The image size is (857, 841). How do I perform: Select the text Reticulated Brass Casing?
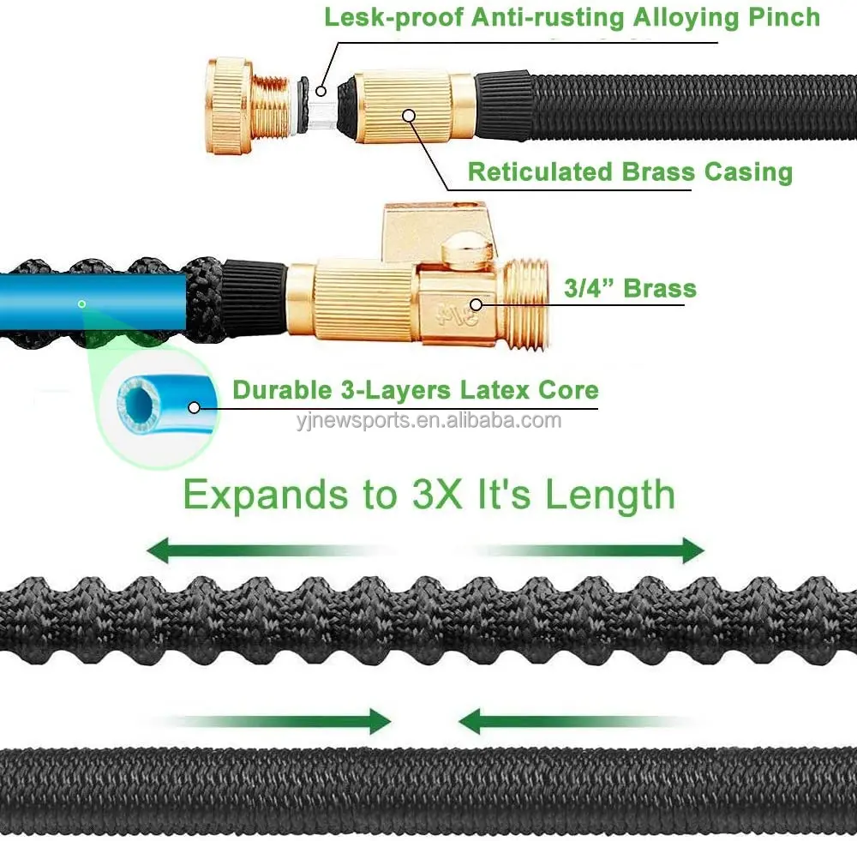[x=630, y=171]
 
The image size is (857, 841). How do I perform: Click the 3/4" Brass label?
[x=630, y=288]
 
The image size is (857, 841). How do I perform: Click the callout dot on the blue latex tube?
[x=81, y=303]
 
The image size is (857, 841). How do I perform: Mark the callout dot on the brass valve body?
[x=476, y=303]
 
